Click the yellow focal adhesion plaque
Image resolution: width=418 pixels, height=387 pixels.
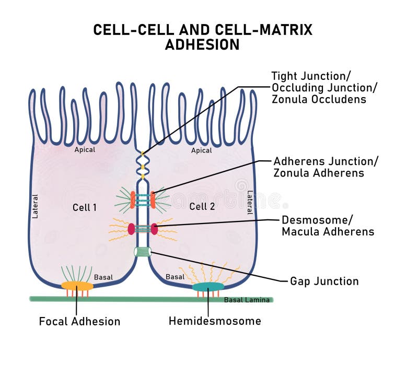pyautogui.click(x=77, y=286)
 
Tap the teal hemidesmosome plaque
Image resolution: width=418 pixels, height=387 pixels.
pyautogui.click(x=207, y=287)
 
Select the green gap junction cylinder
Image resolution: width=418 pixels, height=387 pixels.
pyautogui.click(x=142, y=252)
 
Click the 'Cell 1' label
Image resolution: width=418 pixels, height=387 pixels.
pyautogui.click(x=84, y=207)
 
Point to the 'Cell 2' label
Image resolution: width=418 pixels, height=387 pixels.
pyautogui.click(x=202, y=206)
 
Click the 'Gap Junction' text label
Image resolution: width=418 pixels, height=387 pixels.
pyautogui.click(x=324, y=282)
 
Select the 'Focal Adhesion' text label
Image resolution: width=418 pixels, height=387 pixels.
pyautogui.click(x=79, y=321)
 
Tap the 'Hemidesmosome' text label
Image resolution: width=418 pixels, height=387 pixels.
pyautogui.click(x=215, y=321)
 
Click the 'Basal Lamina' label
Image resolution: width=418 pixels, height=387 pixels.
pyautogui.click(x=247, y=300)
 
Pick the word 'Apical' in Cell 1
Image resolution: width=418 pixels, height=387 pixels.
pyautogui.click(x=85, y=150)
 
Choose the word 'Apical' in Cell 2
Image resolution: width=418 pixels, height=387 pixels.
pyautogui.click(x=201, y=150)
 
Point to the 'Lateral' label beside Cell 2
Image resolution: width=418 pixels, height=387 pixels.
pyautogui.click(x=250, y=202)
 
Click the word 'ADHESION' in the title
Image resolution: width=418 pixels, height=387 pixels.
pyautogui.click(x=202, y=45)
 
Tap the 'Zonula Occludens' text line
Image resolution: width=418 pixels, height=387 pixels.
pyautogui.click(x=319, y=99)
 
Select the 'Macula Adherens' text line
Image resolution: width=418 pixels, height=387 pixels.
pyautogui.click(x=328, y=231)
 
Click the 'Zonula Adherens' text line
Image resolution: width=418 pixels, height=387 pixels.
pyautogui.click(x=319, y=173)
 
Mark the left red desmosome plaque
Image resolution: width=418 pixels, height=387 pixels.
pyautogui.click(x=131, y=229)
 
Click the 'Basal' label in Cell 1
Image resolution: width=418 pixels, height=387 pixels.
pyautogui.click(x=103, y=277)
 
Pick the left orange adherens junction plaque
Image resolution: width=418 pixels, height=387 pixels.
pyautogui.click(x=133, y=200)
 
